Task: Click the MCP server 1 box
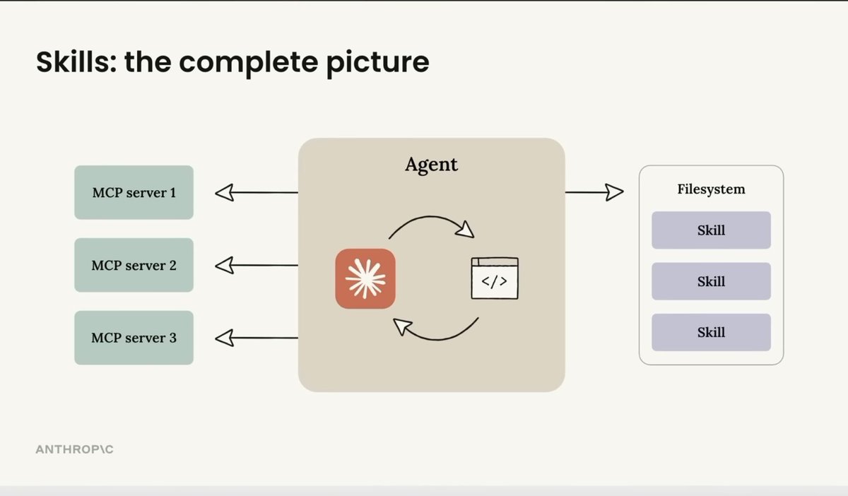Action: (134, 192)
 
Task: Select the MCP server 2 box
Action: (134, 265)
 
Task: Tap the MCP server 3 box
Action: (134, 338)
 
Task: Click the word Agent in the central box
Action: (431, 165)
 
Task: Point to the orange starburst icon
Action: (365, 278)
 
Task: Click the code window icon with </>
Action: (495, 278)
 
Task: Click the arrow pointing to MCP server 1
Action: (256, 192)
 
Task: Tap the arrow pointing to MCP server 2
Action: (256, 266)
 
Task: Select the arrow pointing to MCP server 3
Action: (256, 338)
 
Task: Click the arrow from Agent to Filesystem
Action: (594, 191)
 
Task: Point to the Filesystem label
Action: (711, 189)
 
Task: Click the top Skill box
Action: (711, 230)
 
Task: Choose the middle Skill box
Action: (711, 281)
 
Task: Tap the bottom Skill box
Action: (711, 332)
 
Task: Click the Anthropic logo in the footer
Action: (74, 449)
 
